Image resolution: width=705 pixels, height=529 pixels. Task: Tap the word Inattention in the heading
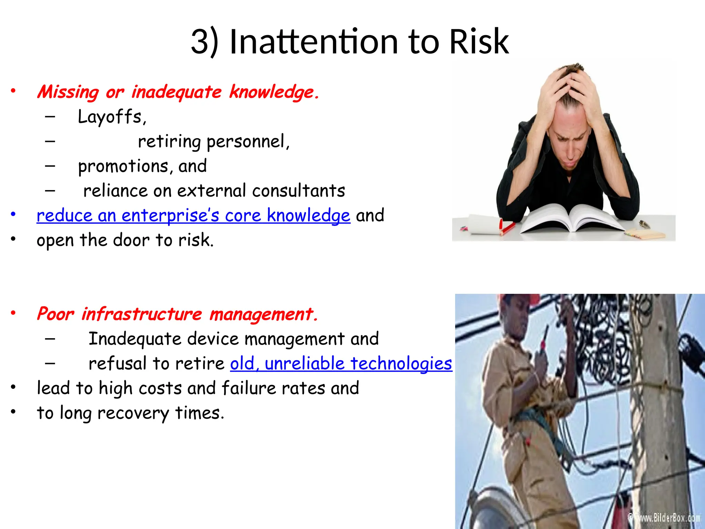[314, 42]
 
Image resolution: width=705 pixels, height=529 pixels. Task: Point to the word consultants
[298, 191]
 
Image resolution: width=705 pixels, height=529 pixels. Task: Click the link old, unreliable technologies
[341, 364]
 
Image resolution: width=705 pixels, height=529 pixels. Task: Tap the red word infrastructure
[141, 314]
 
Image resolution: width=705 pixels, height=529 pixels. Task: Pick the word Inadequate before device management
[135, 339]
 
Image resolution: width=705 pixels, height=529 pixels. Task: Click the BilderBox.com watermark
[666, 518]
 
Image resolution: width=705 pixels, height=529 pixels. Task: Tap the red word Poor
[55, 314]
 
